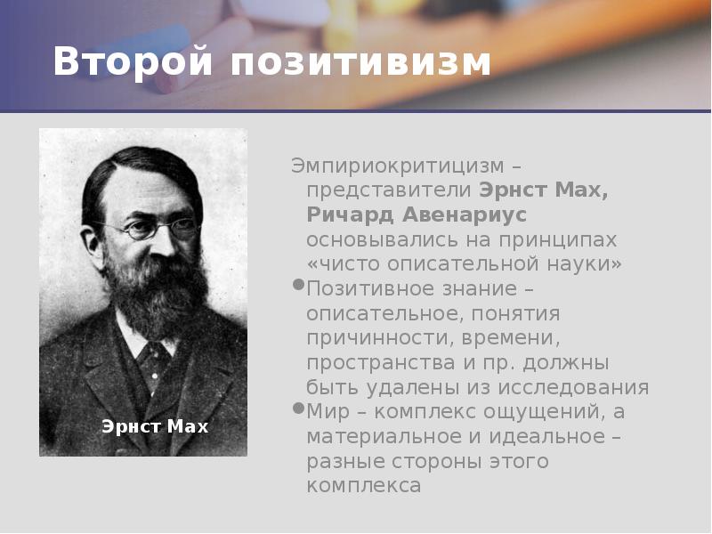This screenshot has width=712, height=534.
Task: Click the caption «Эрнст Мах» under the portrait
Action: point(155,426)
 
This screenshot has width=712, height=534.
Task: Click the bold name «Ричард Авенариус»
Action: point(417,214)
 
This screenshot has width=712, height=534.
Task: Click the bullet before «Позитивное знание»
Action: point(296,285)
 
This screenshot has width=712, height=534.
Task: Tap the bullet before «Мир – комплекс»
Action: point(296,409)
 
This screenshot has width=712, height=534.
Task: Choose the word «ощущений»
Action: point(519,412)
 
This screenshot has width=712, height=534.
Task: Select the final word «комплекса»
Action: point(363,486)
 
